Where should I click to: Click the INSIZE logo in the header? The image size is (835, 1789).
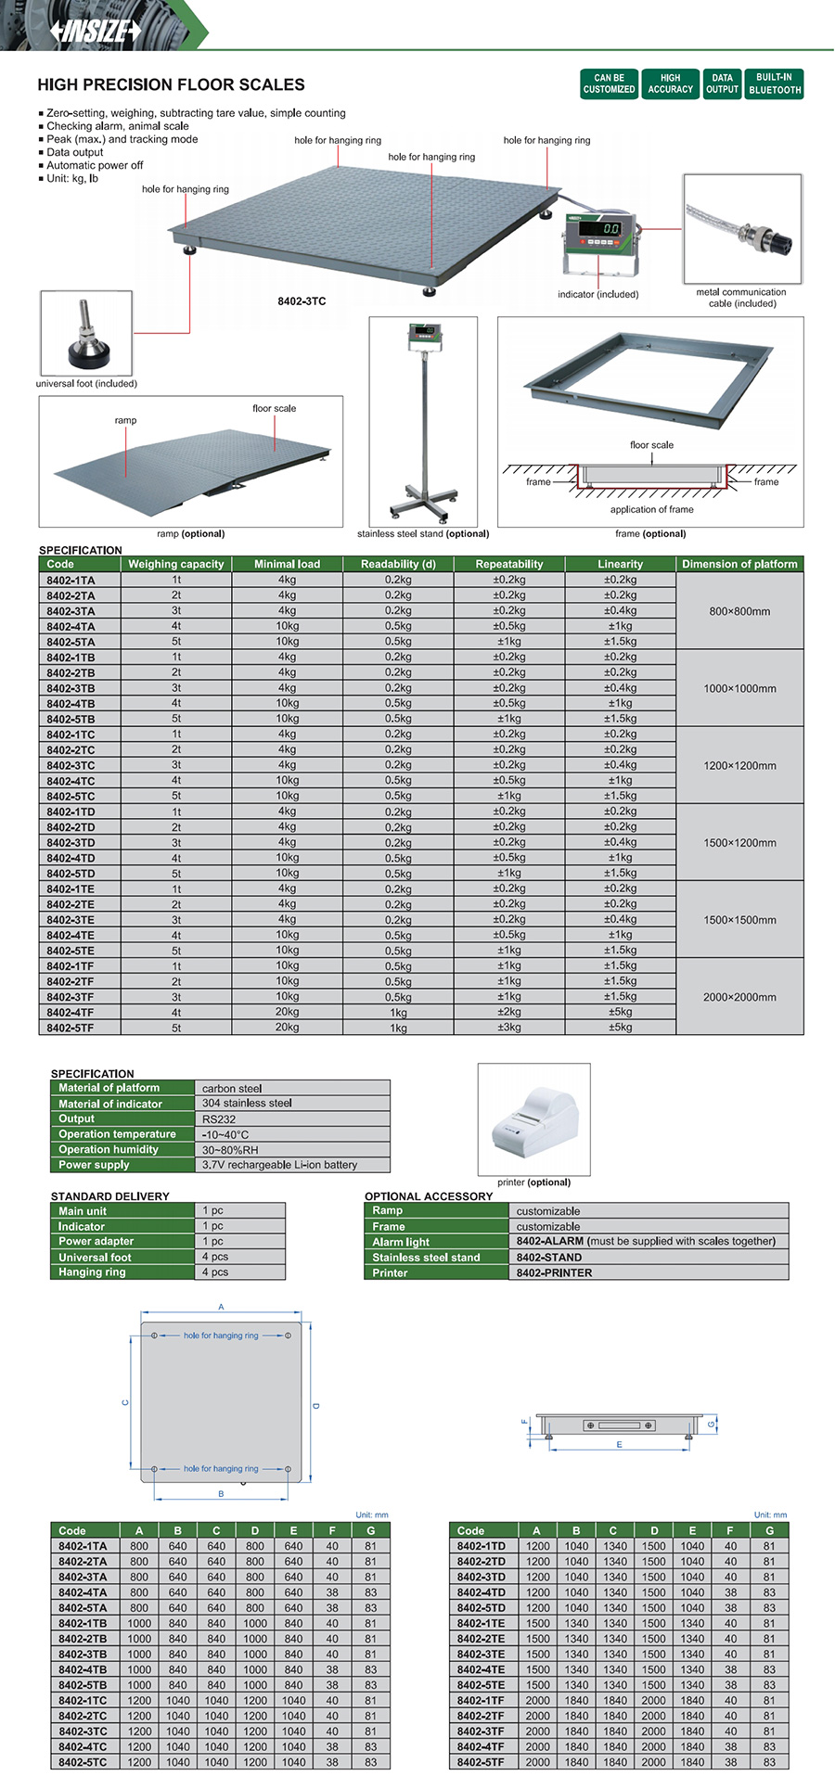point(95,31)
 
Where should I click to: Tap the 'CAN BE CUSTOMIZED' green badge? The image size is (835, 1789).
point(609,84)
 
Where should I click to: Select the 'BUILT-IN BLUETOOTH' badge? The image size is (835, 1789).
point(775,84)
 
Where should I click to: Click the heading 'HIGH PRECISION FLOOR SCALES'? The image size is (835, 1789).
point(171,84)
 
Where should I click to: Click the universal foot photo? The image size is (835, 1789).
point(86,333)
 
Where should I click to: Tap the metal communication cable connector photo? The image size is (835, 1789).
point(742,230)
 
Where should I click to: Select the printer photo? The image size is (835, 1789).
point(533,1119)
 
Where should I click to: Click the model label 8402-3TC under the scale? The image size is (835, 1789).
point(302,301)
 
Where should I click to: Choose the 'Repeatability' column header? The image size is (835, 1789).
point(508,564)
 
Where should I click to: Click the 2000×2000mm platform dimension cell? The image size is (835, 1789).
point(739,997)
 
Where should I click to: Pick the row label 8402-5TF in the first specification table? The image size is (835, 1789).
point(71,1028)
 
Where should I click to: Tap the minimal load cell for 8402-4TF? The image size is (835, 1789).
point(287,1013)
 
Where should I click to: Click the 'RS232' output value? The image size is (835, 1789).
point(219,1119)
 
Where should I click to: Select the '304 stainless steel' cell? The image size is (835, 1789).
point(247,1104)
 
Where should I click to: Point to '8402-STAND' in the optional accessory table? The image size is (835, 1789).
point(549,1258)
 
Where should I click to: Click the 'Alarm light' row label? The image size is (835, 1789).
point(401,1242)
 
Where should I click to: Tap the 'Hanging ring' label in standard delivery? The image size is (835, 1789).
point(92,1272)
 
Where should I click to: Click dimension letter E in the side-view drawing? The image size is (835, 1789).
point(619,1445)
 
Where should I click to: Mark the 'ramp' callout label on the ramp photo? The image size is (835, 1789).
point(125,420)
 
